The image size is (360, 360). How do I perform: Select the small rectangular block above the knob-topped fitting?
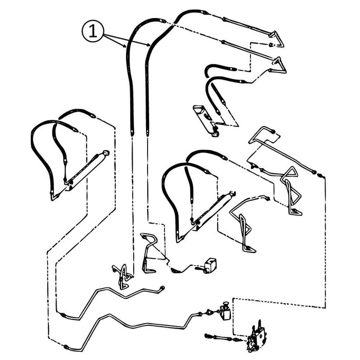[210, 265]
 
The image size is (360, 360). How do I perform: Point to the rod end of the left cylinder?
[106, 153]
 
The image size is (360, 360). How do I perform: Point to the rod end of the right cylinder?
[235, 194]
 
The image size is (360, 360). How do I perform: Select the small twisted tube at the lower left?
[122, 275]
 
